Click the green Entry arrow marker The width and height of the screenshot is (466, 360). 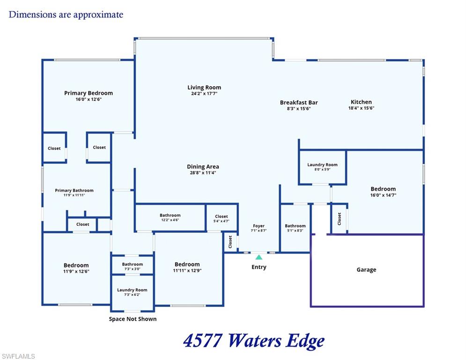[x=259, y=257]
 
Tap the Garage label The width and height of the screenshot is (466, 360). [x=366, y=270]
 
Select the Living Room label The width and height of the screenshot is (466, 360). [x=204, y=88]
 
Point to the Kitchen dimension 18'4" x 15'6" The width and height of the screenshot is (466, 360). [x=361, y=108]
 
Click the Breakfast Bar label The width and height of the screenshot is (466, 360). [x=299, y=102]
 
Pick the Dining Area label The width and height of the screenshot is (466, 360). [x=203, y=167]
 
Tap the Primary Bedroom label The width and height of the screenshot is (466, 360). [x=89, y=93]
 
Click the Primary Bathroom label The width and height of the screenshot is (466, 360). [x=74, y=190]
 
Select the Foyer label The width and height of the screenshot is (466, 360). [x=259, y=226]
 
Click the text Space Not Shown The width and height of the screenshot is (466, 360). [x=133, y=319]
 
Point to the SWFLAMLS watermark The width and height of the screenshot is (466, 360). [x=18, y=356]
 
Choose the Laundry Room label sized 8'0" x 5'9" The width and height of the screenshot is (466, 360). [x=323, y=165]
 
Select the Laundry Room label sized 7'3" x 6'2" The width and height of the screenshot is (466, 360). [x=132, y=290]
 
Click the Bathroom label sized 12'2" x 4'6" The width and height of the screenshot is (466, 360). [x=170, y=215]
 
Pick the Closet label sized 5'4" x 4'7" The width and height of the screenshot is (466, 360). [x=222, y=216]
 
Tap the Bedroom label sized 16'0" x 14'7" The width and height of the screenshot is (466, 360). [x=383, y=189]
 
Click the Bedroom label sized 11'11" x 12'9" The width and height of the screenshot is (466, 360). [x=187, y=264]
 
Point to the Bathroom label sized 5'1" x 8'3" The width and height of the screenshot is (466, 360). [x=295, y=226]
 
